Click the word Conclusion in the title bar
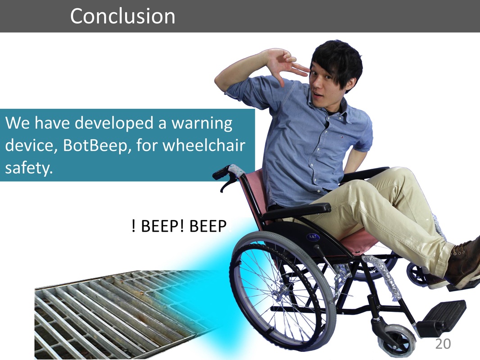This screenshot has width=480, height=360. (x=122, y=16)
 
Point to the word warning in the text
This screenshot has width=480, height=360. (x=202, y=123)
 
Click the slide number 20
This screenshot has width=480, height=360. (x=443, y=344)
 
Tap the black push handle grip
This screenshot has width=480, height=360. (x=222, y=172)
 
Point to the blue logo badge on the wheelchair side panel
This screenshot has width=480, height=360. (x=313, y=237)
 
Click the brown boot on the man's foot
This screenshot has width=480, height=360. (x=464, y=263)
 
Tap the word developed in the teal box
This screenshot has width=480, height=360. (x=114, y=123)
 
